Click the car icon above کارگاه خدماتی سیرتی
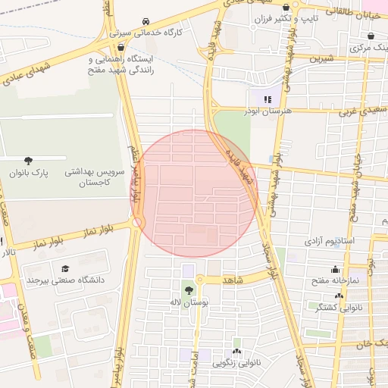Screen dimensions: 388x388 point(145,22)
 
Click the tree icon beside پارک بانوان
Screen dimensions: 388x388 point(29,161)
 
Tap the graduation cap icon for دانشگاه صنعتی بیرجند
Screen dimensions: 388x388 point(66,269)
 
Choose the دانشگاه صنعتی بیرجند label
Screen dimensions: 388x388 point(65,280)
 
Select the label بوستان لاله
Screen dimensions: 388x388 point(189,302)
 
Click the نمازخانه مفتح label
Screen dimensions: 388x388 point(335,280)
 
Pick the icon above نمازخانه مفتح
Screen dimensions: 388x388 point(335,269)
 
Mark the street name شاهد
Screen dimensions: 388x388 point(233,280)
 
